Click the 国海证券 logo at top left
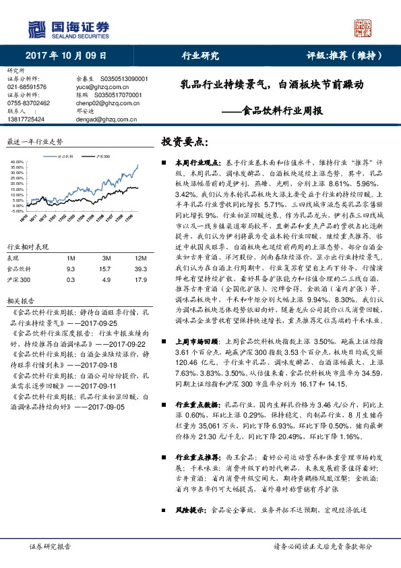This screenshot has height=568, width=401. (x=67, y=28)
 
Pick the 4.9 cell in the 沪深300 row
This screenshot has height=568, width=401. (x=106, y=260)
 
